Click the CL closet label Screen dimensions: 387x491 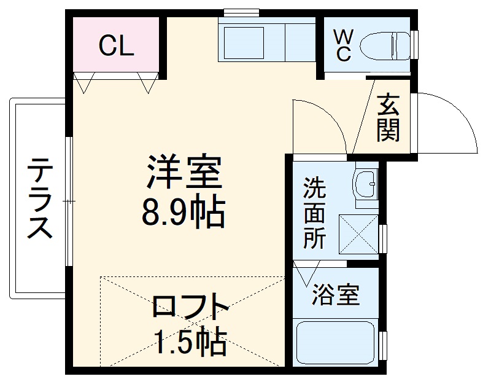pos(117,46)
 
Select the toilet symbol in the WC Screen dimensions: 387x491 pos(384,45)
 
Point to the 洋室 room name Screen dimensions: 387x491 pos(183,174)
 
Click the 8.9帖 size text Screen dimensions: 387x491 pos(183,212)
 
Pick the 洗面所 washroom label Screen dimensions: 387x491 pos(315,213)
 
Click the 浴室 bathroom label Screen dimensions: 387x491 pos(335,295)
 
